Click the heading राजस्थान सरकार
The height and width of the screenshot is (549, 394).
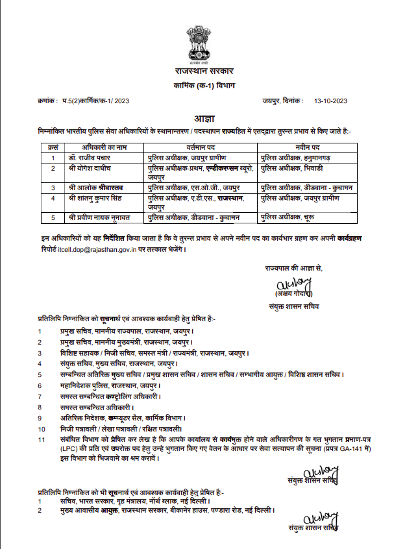tap(197, 71)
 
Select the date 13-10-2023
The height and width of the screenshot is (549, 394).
tap(331, 101)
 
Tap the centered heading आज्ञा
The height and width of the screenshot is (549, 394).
tap(197, 118)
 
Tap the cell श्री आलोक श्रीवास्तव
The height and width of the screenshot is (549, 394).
tap(98, 187)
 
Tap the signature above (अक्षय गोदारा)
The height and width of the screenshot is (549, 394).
tap(295, 284)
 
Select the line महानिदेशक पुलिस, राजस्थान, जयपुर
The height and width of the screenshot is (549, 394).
tap(99, 385)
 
